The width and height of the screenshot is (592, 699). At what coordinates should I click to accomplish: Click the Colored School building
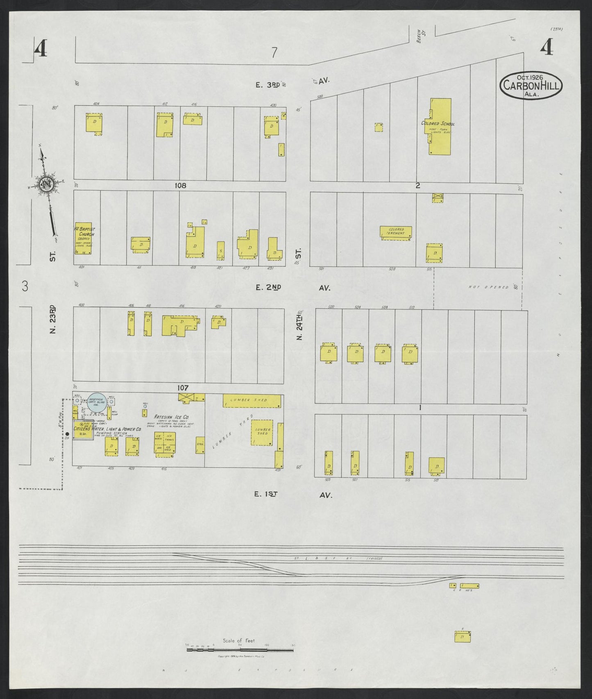(440, 127)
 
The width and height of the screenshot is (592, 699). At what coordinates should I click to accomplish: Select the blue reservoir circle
(98, 403)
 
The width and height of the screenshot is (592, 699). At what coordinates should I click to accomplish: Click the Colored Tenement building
(395, 232)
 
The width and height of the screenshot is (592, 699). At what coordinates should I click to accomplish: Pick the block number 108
(180, 186)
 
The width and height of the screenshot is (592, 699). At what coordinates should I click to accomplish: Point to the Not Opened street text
(488, 287)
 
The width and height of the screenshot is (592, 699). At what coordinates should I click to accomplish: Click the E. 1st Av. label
(293, 495)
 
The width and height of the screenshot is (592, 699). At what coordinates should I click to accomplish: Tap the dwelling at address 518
(437, 466)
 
